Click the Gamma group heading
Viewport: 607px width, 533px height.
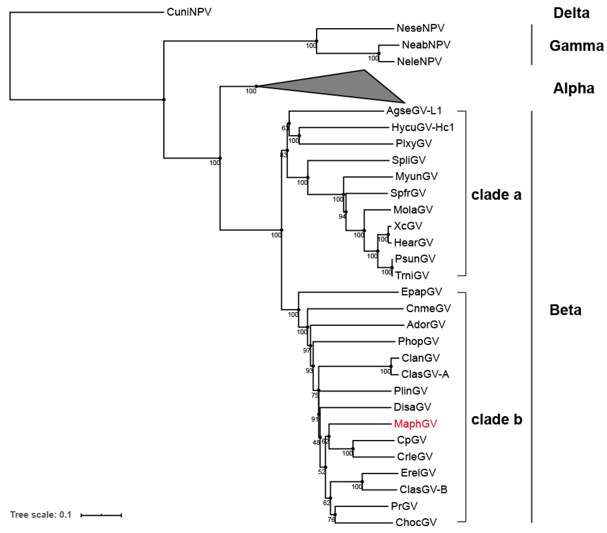pyautogui.click(x=576, y=46)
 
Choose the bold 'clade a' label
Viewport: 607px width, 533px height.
pyautogui.click(x=496, y=195)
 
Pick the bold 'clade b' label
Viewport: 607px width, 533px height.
pyautogui.click(x=497, y=419)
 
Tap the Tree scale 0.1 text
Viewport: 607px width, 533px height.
pyautogui.click(x=41, y=515)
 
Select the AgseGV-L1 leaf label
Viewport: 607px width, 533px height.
pyautogui.click(x=414, y=111)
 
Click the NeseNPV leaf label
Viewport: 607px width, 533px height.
pyautogui.click(x=421, y=28)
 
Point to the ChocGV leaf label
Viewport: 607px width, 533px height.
pyautogui.click(x=416, y=522)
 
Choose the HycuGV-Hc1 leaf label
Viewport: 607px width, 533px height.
pyautogui.click(x=423, y=127)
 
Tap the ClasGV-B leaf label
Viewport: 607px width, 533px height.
pyautogui.click(x=423, y=489)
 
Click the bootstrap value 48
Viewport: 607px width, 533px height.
pyautogui.click(x=316, y=443)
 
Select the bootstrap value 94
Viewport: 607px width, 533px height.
pyautogui.click(x=342, y=216)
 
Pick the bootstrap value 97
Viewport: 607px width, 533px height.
pyautogui.click(x=306, y=350)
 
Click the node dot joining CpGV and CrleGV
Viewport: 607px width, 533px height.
pyautogui.click(x=353, y=449)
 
